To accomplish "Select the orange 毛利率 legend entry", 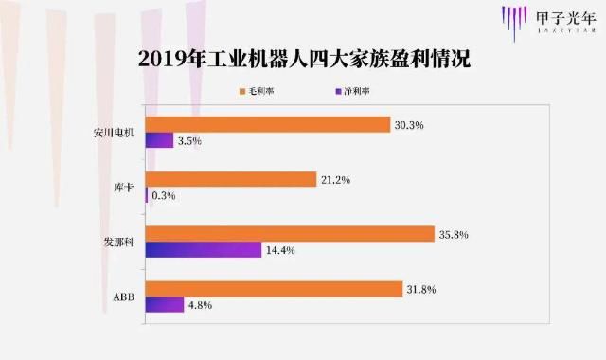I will [x=259, y=91].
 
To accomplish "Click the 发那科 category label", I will [x=121, y=242].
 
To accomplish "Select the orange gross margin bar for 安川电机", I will [x=267, y=124].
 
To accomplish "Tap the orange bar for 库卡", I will [x=230, y=179].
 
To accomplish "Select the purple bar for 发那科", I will [x=203, y=250].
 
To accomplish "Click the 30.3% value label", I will [x=407, y=124].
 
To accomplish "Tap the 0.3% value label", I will [x=163, y=196].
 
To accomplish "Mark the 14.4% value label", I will [x=278, y=250].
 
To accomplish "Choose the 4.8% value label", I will [x=201, y=305].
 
